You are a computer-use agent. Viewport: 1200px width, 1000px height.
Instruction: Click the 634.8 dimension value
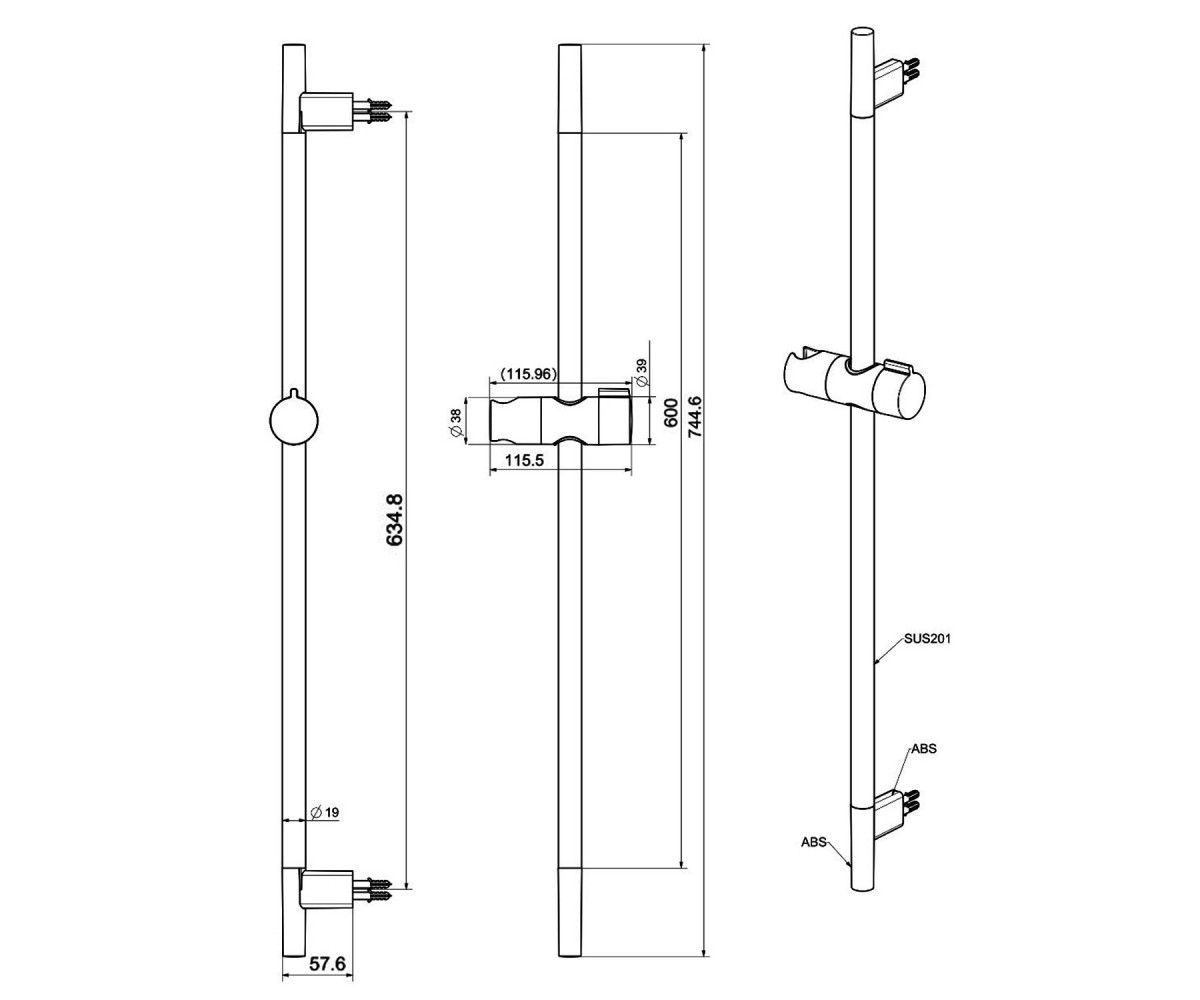(x=395, y=520)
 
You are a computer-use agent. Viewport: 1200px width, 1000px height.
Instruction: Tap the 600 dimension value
(x=670, y=412)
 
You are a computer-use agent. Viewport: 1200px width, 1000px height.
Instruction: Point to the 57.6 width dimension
(x=328, y=963)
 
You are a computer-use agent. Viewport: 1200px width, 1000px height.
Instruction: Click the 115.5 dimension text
(x=524, y=460)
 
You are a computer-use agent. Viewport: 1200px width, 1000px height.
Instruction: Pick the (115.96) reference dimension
(x=529, y=374)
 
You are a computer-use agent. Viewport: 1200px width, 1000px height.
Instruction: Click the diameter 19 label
(x=325, y=812)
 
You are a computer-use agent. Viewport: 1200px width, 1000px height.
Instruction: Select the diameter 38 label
(x=456, y=422)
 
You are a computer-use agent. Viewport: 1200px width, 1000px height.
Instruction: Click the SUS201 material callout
(x=928, y=638)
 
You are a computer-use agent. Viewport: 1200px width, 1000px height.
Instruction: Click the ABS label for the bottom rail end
(x=814, y=843)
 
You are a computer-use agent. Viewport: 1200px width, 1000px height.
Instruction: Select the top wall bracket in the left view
(x=326, y=112)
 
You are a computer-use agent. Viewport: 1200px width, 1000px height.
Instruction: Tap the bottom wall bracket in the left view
(x=326, y=889)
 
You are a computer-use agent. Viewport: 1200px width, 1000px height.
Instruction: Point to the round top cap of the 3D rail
(x=861, y=32)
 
